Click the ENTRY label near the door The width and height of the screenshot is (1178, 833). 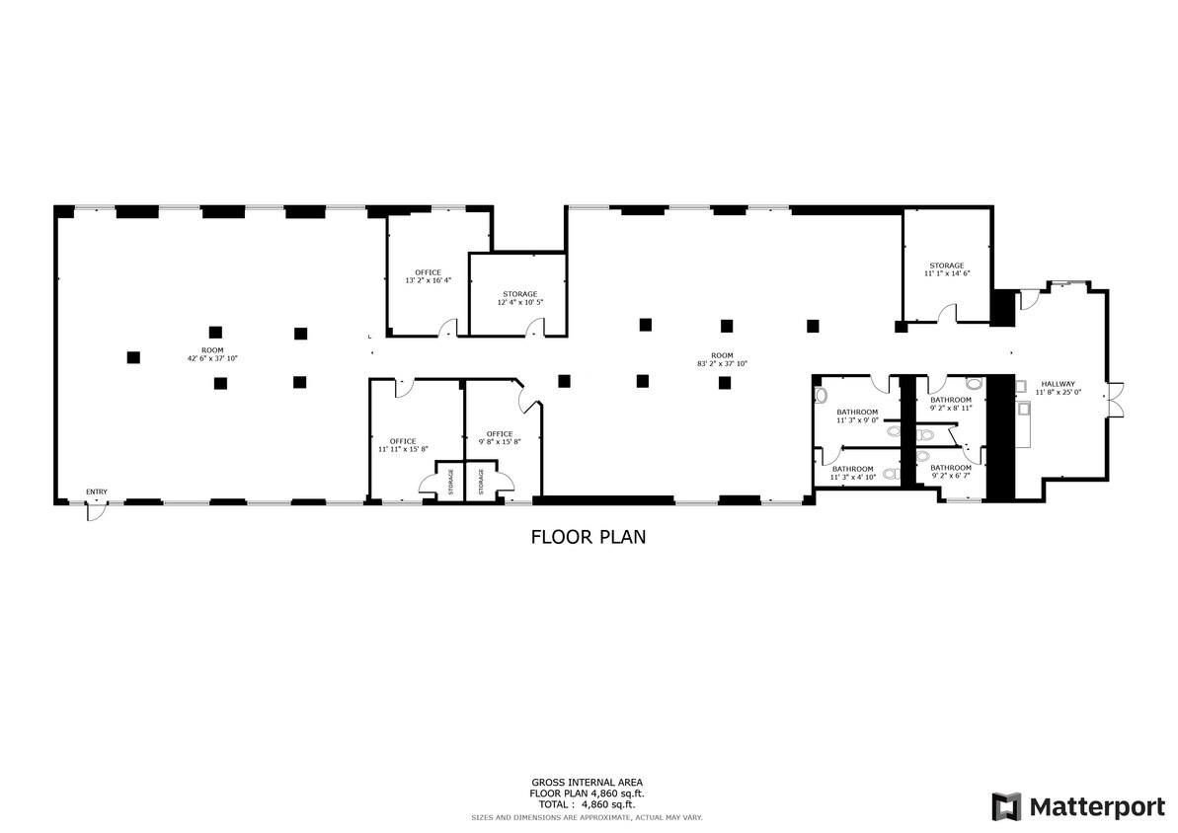coord(97,492)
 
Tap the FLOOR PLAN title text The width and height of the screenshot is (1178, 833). coord(589,537)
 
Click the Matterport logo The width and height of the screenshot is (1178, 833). coord(1078,806)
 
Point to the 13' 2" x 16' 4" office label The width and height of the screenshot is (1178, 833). coord(429,276)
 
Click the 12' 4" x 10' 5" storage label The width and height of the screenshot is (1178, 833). coord(520,298)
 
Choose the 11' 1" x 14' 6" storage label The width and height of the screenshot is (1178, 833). coord(947,269)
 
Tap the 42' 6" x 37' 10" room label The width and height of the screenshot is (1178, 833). coord(212,354)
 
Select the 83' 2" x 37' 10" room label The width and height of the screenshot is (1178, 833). coord(722,359)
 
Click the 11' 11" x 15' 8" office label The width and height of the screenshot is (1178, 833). coord(403,445)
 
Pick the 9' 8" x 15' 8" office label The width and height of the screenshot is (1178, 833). coord(500,437)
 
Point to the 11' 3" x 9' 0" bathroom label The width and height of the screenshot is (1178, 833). coord(857,416)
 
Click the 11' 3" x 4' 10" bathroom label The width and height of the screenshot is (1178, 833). coord(853,473)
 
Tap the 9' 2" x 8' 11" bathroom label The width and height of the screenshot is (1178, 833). coord(951,404)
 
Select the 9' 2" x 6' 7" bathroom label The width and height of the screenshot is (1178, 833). coord(951,471)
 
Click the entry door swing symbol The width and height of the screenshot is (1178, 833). coord(95,511)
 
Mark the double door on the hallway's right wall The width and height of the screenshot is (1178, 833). coord(1114,398)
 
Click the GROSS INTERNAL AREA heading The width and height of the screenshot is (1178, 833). coord(587,782)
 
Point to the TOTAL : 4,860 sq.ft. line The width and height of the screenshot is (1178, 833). coord(586,803)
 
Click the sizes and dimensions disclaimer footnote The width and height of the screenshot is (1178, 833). coord(586,817)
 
